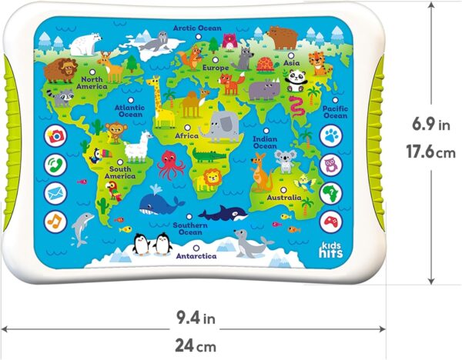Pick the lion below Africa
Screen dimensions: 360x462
point(209,178)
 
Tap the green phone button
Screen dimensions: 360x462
point(56,164)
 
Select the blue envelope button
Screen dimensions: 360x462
point(56,192)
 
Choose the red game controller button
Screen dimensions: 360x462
point(330,219)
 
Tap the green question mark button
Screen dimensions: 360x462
point(330,192)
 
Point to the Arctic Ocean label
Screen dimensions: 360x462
point(197,28)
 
